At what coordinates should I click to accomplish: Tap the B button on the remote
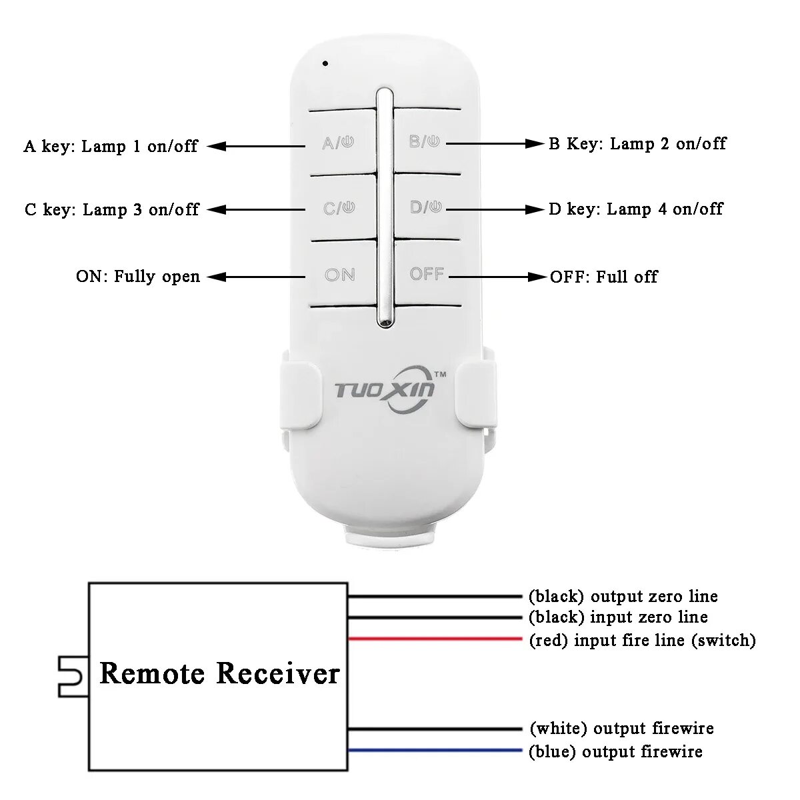click(424, 141)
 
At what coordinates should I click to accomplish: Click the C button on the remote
click(339, 208)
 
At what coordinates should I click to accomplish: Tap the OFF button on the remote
click(427, 274)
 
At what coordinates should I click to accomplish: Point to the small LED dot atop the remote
click(325, 64)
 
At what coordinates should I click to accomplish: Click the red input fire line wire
click(433, 639)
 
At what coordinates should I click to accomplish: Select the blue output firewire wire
click(433, 751)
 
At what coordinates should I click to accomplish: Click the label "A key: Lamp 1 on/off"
click(111, 146)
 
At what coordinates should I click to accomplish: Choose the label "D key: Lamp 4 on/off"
click(635, 209)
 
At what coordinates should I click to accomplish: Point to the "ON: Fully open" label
click(138, 276)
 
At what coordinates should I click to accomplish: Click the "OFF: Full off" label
click(603, 277)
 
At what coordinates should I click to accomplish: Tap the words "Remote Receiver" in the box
click(219, 673)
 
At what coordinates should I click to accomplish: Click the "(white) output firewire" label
click(621, 729)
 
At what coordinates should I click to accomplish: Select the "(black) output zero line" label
click(623, 597)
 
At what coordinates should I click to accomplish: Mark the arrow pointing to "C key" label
click(257, 209)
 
